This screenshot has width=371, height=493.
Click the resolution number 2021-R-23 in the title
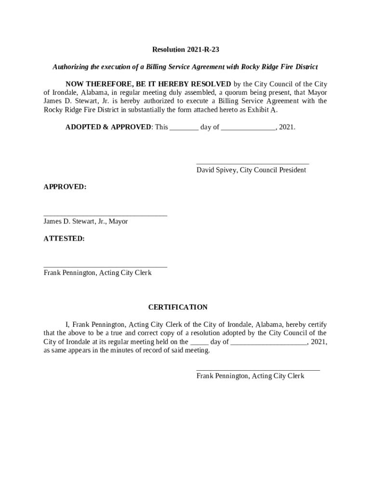click(x=202, y=50)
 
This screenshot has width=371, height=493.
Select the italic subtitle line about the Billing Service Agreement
click(x=185, y=66)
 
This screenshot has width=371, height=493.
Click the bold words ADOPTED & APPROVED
click(x=108, y=127)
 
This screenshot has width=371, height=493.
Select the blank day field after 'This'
click(x=184, y=128)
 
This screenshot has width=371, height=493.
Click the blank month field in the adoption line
click(x=248, y=128)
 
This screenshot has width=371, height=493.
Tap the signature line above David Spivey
click(x=252, y=164)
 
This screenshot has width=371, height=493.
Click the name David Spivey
click(x=217, y=170)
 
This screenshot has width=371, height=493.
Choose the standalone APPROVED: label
click(x=65, y=187)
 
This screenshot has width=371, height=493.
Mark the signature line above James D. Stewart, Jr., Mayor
click(x=105, y=216)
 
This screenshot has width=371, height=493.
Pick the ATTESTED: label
click(x=64, y=238)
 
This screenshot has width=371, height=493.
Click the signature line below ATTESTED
click(x=105, y=266)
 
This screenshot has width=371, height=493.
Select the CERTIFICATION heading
click(x=178, y=307)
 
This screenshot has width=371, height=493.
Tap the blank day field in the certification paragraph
click(x=199, y=342)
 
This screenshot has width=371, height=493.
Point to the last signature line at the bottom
click(x=258, y=370)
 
